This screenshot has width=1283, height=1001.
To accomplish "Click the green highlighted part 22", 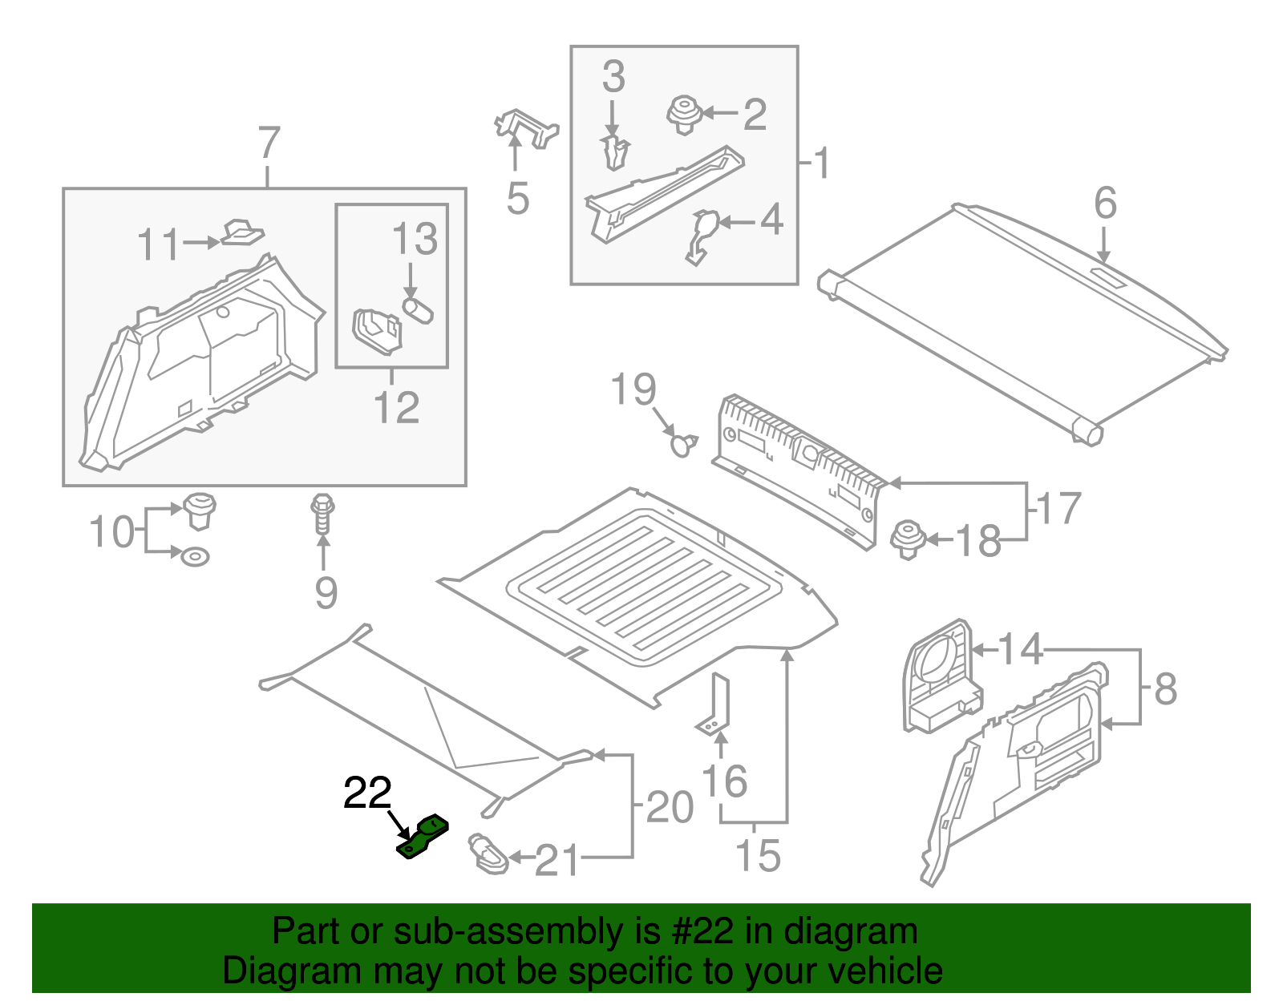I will tap(423, 837).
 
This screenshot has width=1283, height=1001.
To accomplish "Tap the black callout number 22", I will tap(367, 793).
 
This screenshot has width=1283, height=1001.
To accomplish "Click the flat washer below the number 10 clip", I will tap(195, 555).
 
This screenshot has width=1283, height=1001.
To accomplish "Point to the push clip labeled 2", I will tap(684, 115).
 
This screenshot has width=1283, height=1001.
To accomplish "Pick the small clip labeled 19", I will tap(683, 443).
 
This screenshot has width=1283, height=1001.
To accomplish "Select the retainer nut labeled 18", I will tap(909, 539).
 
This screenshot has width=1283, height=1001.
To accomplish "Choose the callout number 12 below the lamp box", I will tap(396, 407).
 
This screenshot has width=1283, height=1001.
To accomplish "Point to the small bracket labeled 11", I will tap(241, 233).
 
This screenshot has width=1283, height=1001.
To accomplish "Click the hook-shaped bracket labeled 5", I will tap(525, 129).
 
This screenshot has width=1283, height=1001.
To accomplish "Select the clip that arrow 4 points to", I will tap(702, 235).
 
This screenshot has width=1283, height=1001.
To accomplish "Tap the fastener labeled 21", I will tap(488, 854).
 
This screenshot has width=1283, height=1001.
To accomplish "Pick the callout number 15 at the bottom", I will tap(758, 855).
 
